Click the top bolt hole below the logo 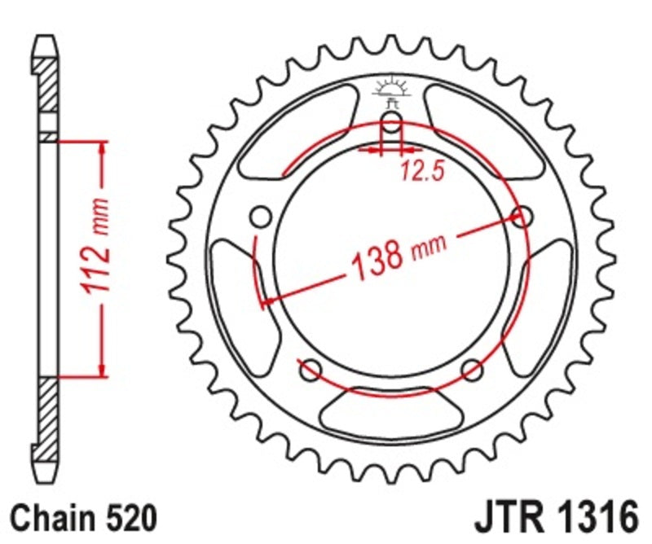coord(392,125)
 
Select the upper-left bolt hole coord(262,217)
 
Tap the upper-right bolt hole coord(522,217)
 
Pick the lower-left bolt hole coord(311,371)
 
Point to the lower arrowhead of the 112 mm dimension coord(102,370)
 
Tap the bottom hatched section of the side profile coord(48,415)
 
